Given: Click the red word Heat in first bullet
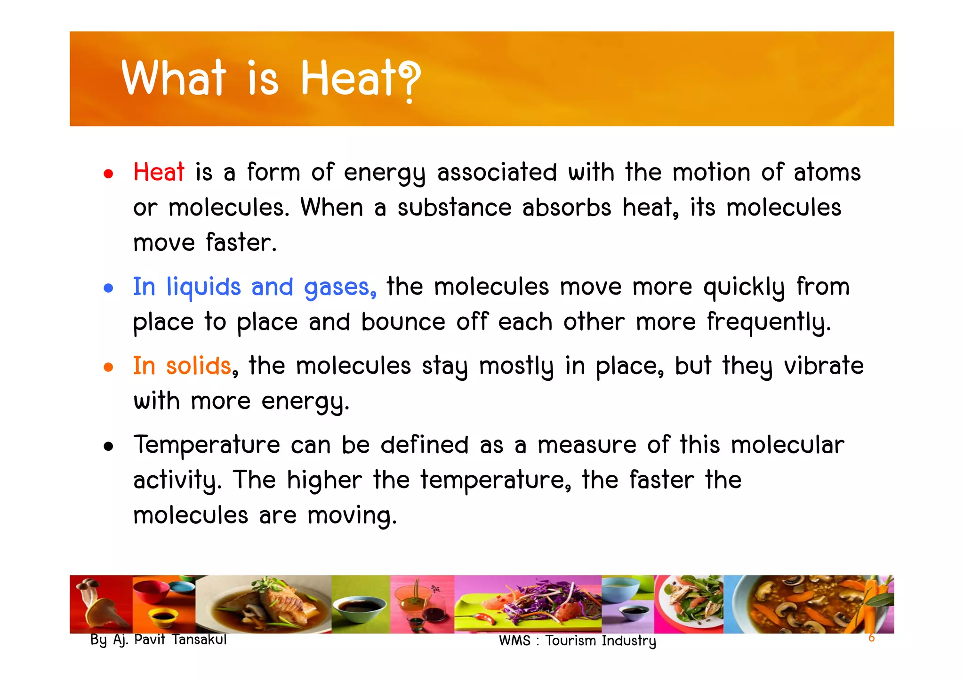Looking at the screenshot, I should click(159, 172).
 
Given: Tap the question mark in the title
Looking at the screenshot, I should click(409, 81).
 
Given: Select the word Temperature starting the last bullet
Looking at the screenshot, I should click(207, 445).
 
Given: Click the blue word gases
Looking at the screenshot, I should click(340, 287).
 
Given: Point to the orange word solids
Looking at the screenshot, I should click(199, 366).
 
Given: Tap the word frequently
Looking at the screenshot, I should click(769, 323).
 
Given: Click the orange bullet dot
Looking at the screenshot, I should click(109, 367).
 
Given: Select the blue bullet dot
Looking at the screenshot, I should click(109, 288).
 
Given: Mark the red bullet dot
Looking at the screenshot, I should click(109, 174).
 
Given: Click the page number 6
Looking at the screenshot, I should click(871, 638).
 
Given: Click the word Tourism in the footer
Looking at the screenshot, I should click(571, 641).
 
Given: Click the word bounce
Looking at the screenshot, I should click(403, 323).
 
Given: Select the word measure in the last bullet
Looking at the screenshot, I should click(587, 445).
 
